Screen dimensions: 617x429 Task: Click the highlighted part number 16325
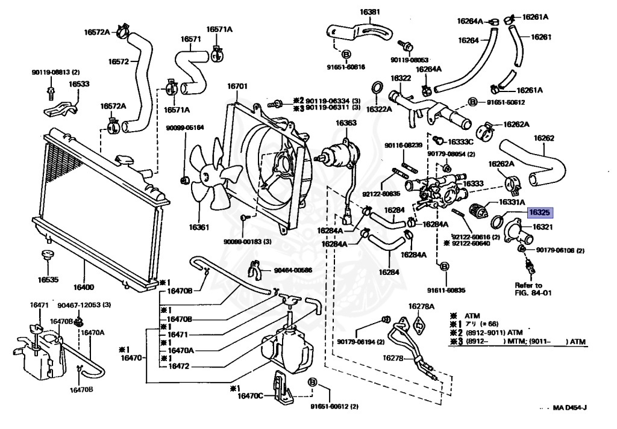[x=539, y=213]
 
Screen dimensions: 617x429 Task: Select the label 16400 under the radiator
[x=84, y=287]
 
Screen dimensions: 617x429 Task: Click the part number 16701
[x=237, y=86]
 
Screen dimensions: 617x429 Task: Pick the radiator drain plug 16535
[x=48, y=255]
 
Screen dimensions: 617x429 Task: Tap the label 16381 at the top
[x=370, y=12]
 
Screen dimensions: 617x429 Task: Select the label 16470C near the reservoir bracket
[x=250, y=396]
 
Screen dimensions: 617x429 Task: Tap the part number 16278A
[x=421, y=306]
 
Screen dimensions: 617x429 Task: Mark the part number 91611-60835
[x=446, y=291]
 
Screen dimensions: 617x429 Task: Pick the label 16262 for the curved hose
[x=544, y=138]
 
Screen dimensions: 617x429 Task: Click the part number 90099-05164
[x=185, y=128]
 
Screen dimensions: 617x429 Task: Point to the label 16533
[x=79, y=84]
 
